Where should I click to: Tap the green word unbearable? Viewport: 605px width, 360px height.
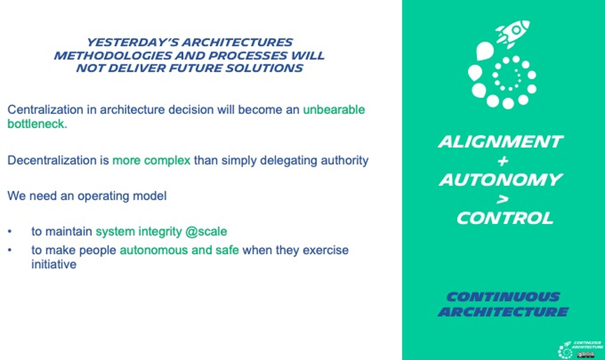coord(334,109)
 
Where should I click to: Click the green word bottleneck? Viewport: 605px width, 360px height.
coord(37,124)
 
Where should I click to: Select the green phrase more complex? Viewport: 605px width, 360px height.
coord(152,161)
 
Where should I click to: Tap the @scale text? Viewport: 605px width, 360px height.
coord(206,231)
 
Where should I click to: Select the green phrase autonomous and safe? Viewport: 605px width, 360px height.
coord(179,251)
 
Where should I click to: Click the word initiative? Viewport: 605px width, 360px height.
coord(53,265)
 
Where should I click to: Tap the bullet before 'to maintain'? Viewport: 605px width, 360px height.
coord(10,231)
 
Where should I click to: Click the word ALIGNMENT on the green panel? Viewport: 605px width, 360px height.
coord(500,142)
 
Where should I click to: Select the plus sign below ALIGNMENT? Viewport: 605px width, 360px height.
coord(502,161)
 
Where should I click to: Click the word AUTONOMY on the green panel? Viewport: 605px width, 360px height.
coord(500,180)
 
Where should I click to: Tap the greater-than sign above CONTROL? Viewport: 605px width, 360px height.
coord(503,199)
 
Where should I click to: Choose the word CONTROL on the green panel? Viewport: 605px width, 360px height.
coord(505,218)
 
